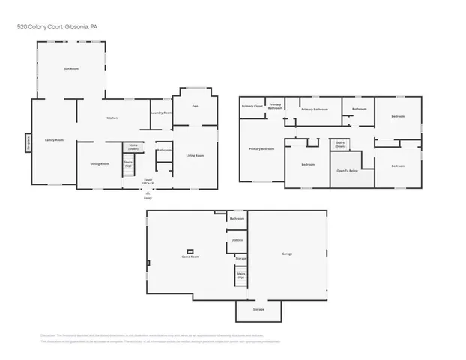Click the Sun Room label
(71, 68)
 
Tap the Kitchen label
(112, 118)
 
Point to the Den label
(195, 106)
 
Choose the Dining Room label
(100, 163)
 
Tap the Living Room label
(195, 155)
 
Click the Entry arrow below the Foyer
(147, 193)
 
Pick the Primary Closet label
(252, 106)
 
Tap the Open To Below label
(345, 170)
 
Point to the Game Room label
(190, 256)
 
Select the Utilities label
(237, 240)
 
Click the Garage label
(287, 253)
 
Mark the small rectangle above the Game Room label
(190, 250)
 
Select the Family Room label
(54, 140)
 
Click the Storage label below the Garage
(258, 309)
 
